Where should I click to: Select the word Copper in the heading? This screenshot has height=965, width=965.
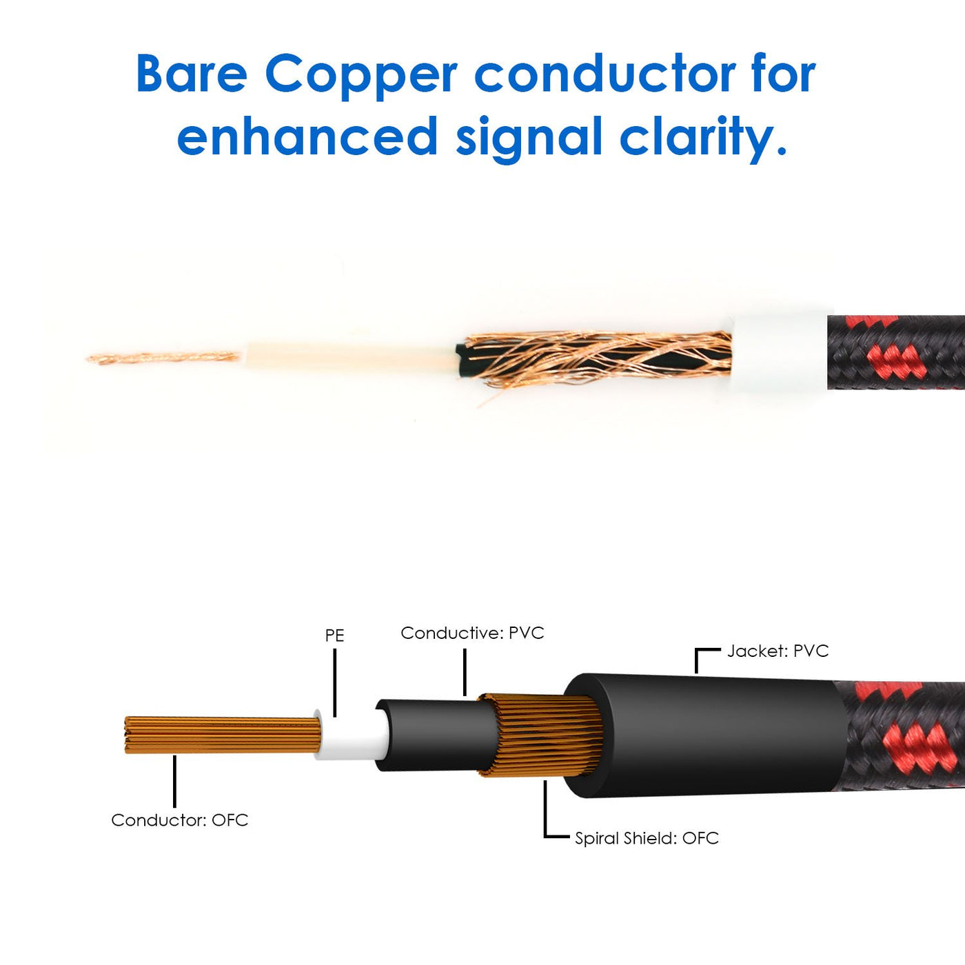[360, 74]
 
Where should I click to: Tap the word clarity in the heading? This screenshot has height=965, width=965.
[703, 136]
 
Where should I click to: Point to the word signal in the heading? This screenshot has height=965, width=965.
[529, 137]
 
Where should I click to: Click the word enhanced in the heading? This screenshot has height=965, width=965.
[307, 136]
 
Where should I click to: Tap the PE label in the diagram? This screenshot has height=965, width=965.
[334, 635]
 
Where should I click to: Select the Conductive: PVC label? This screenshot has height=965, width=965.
[472, 633]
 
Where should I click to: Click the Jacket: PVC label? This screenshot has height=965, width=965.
[778, 651]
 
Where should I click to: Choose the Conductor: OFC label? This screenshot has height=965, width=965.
[179, 820]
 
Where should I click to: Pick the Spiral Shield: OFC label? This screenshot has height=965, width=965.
[647, 838]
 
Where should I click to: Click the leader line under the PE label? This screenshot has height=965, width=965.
[335, 682]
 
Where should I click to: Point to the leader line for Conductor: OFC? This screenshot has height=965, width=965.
[175, 780]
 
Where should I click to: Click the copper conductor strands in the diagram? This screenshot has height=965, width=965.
[221, 735]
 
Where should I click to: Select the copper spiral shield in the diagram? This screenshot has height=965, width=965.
[541, 736]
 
